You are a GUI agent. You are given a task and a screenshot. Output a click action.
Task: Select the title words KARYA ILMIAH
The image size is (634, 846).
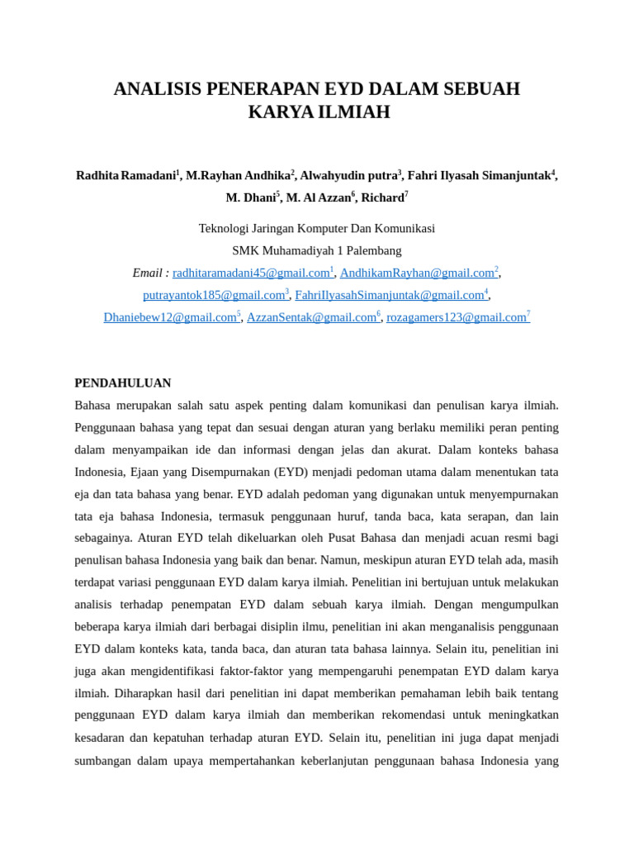point(319,112)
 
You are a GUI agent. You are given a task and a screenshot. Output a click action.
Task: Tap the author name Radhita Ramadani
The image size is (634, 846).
point(126,176)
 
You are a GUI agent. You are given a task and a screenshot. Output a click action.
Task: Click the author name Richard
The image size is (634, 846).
point(382,198)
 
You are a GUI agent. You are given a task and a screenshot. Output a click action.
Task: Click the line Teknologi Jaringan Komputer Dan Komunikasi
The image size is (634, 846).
point(317,228)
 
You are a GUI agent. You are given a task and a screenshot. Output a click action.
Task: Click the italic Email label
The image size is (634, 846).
point(149,273)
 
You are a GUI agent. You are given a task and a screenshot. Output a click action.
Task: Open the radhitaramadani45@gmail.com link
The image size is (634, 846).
point(251,273)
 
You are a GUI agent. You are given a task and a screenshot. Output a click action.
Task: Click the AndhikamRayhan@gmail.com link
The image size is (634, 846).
point(417,273)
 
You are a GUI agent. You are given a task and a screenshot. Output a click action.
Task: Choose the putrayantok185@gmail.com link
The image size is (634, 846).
point(214,295)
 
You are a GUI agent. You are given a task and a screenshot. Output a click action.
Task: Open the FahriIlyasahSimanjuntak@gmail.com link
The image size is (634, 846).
point(390,295)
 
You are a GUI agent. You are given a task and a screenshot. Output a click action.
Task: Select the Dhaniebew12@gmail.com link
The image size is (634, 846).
point(170,317)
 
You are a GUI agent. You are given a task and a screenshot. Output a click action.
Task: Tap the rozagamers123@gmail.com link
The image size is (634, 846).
point(456,317)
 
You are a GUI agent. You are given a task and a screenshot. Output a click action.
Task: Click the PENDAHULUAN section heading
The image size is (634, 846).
point(123,383)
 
